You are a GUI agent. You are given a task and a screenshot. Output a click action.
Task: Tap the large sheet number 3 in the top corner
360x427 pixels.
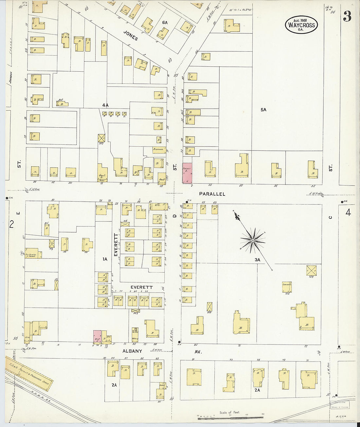click(x=347, y=16)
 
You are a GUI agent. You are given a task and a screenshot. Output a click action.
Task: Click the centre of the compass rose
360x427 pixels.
click(x=253, y=241)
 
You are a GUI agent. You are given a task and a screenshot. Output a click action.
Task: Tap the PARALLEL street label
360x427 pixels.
click(x=212, y=194)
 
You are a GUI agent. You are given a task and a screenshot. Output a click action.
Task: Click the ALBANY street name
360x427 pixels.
click(x=132, y=351)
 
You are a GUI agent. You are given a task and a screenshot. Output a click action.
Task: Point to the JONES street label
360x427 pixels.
click(x=131, y=35)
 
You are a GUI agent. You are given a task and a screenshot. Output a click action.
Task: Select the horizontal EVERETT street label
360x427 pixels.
click(x=141, y=287)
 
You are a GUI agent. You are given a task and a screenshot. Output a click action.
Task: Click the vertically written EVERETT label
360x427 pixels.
click(x=116, y=245)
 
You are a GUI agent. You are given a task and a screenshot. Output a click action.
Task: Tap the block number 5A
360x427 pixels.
click(x=263, y=110)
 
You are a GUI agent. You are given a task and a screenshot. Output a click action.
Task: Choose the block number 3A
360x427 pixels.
click(x=258, y=260)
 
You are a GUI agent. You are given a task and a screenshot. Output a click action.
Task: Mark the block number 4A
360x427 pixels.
click(x=105, y=105)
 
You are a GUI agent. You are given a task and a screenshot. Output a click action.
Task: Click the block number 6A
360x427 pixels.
click(x=165, y=23)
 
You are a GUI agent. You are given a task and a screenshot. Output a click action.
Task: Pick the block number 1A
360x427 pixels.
click(x=105, y=259)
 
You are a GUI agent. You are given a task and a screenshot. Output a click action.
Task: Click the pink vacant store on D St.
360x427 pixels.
click(x=187, y=173)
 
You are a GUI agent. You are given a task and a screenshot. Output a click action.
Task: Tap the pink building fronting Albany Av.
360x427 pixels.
click(x=97, y=336)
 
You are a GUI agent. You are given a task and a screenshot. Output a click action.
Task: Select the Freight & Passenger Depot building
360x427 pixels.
click(x=29, y=373)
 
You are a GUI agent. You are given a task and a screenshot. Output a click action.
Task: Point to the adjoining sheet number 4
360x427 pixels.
click(x=348, y=213)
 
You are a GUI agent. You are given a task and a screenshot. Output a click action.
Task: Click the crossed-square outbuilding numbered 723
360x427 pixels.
click(x=311, y=271)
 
